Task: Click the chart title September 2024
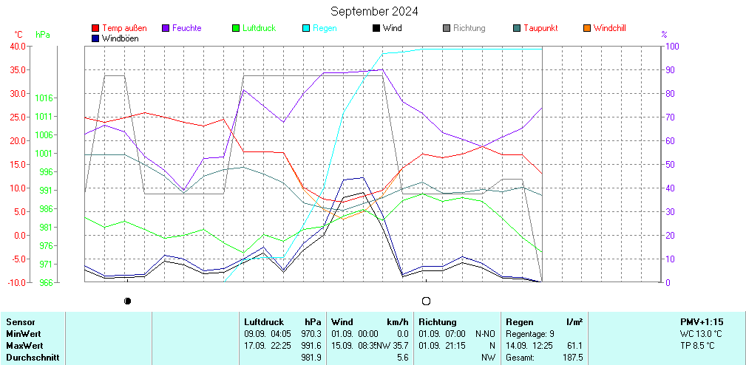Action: (374, 11)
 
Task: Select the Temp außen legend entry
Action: (123, 28)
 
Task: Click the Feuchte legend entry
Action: (186, 28)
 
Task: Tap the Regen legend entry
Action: (325, 28)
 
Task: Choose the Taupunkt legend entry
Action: (540, 28)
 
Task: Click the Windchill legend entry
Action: (609, 28)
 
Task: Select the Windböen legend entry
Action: (123, 38)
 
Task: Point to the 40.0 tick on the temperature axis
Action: (16, 46)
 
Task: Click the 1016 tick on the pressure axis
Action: (43, 98)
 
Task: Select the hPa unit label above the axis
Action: (43, 35)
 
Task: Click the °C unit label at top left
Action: (18, 35)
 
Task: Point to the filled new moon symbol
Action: (128, 301)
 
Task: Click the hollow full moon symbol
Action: (426, 301)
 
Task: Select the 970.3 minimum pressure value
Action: (311, 334)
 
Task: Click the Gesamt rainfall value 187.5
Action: (572, 358)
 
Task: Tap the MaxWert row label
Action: (24, 346)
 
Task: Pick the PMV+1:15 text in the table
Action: (702, 322)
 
